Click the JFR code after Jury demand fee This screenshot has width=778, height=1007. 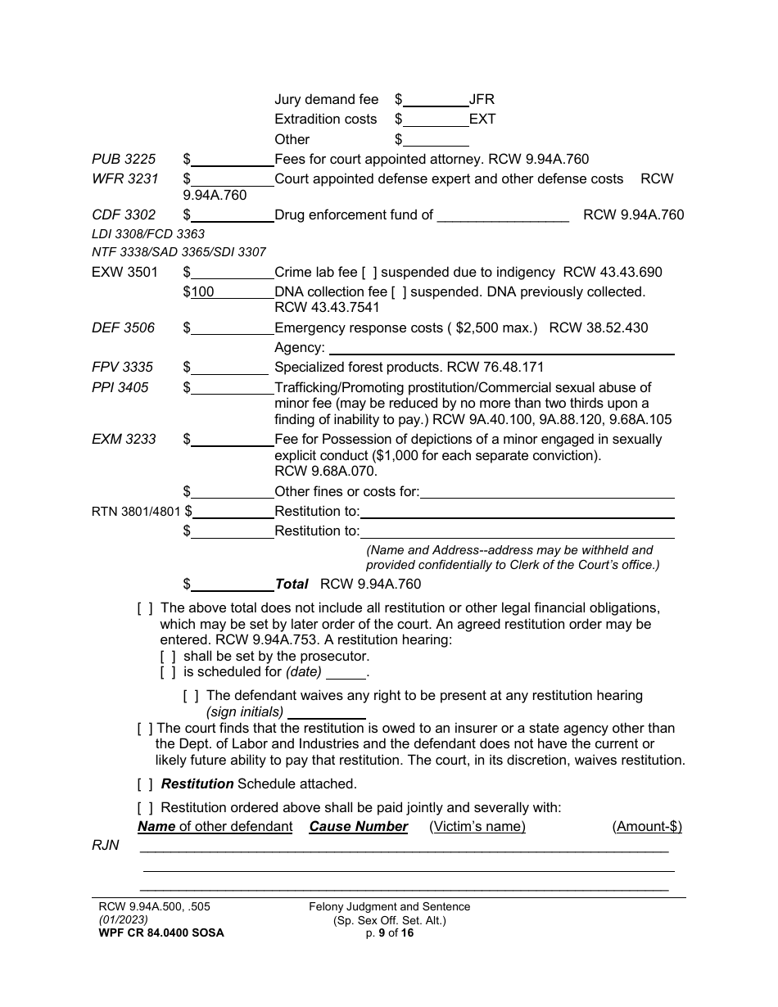(482, 100)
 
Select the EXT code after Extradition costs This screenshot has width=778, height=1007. (482, 120)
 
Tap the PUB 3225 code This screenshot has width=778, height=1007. (124, 160)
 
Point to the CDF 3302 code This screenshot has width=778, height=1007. (124, 215)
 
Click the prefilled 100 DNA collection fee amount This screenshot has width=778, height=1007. (202, 292)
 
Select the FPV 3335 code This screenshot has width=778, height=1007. (123, 368)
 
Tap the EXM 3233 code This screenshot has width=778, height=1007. (124, 440)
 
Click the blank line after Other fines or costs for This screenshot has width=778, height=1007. (547, 492)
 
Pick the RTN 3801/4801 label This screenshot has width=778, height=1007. (137, 512)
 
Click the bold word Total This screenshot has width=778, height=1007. (292, 585)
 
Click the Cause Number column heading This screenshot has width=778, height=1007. (358, 827)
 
